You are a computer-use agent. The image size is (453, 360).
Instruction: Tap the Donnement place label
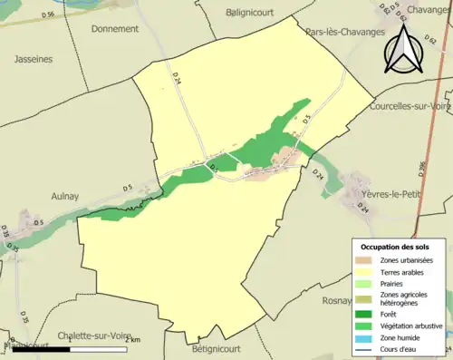(x=115, y=29)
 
